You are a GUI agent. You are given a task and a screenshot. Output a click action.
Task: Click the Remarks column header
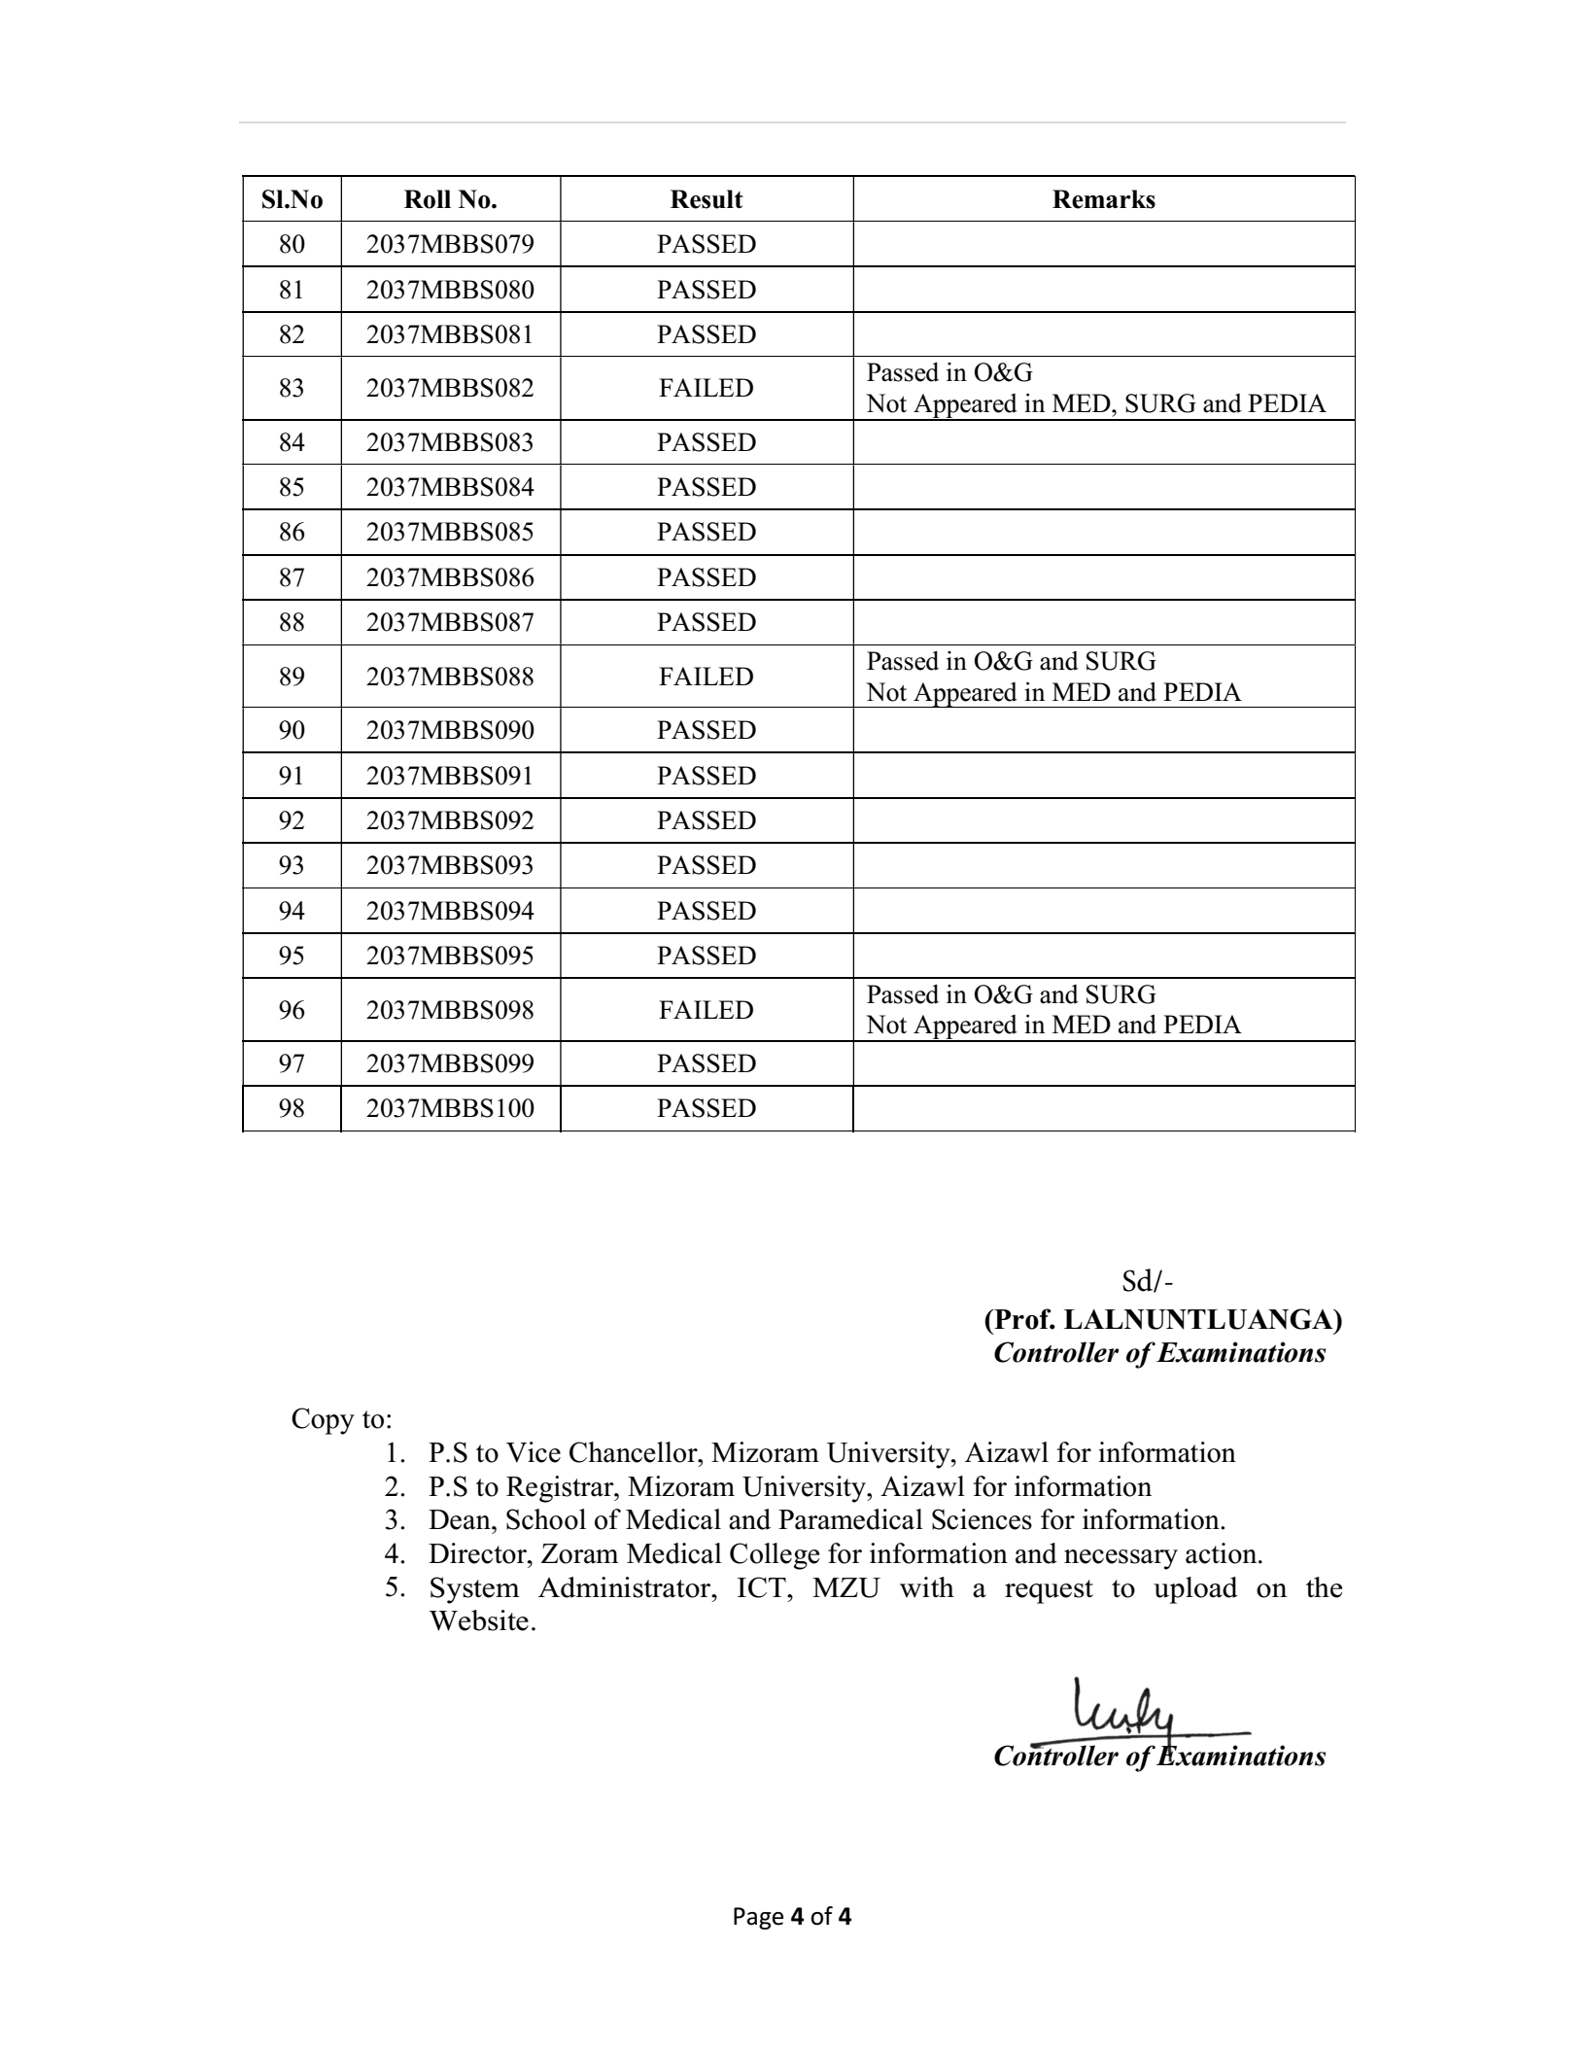tap(1103, 199)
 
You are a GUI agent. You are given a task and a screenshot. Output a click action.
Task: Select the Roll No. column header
tap(450, 199)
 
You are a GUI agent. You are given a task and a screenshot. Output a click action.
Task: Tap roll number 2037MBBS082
tap(450, 388)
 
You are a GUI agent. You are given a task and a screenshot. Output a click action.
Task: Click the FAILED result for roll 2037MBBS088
tap(706, 677)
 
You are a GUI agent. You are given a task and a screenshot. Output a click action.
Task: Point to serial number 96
tap(292, 1010)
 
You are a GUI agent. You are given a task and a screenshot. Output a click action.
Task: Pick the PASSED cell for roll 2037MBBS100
tap(706, 1108)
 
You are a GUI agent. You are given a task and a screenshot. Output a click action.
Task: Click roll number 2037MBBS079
tap(450, 244)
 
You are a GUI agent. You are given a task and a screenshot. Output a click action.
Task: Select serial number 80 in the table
tap(292, 244)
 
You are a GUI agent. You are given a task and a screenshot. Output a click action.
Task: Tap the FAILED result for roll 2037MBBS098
tap(706, 1010)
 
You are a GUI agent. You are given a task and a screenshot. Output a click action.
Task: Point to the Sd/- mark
tap(1147, 1282)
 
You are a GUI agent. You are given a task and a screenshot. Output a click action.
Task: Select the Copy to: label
tap(341, 1419)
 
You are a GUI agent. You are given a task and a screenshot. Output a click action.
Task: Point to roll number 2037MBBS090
tap(450, 730)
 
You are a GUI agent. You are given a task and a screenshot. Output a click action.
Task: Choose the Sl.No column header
tap(292, 199)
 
